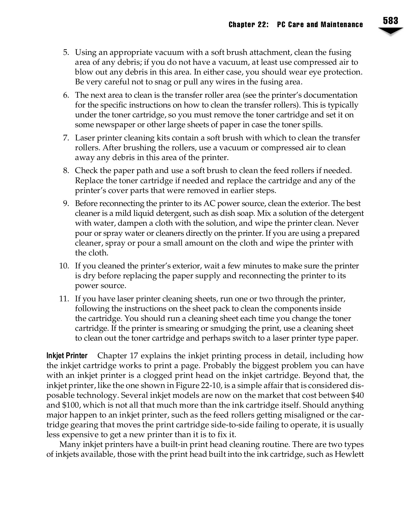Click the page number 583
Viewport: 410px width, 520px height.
point(391,21)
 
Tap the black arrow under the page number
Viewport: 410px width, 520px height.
point(391,31)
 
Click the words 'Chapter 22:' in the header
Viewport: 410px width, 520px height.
point(248,25)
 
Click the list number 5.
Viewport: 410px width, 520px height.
point(66,53)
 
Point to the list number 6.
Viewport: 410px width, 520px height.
point(66,95)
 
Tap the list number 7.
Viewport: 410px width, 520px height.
point(66,138)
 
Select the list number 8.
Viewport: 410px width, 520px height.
point(66,171)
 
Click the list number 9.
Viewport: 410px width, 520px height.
point(66,204)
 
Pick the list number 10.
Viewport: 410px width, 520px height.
point(64,266)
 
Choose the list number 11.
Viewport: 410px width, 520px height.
point(64,299)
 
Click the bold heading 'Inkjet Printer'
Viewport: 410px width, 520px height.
point(67,356)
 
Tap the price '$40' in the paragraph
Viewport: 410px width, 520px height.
point(357,395)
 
